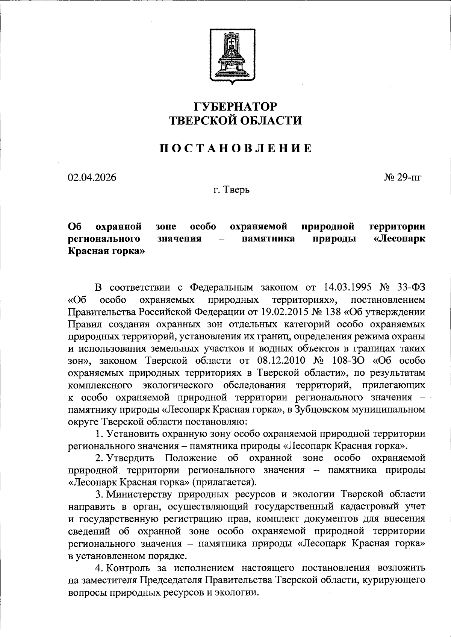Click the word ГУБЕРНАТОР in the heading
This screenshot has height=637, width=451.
235,106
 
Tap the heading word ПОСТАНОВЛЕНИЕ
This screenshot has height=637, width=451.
235,148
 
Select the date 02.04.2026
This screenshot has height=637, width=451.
92,177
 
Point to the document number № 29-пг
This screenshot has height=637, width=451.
403,177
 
